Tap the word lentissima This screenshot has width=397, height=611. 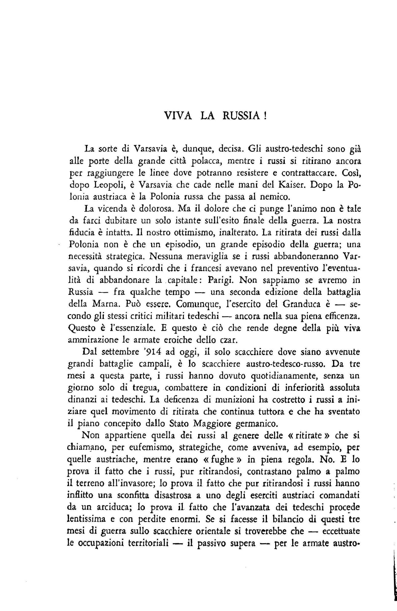(x=88, y=530)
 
